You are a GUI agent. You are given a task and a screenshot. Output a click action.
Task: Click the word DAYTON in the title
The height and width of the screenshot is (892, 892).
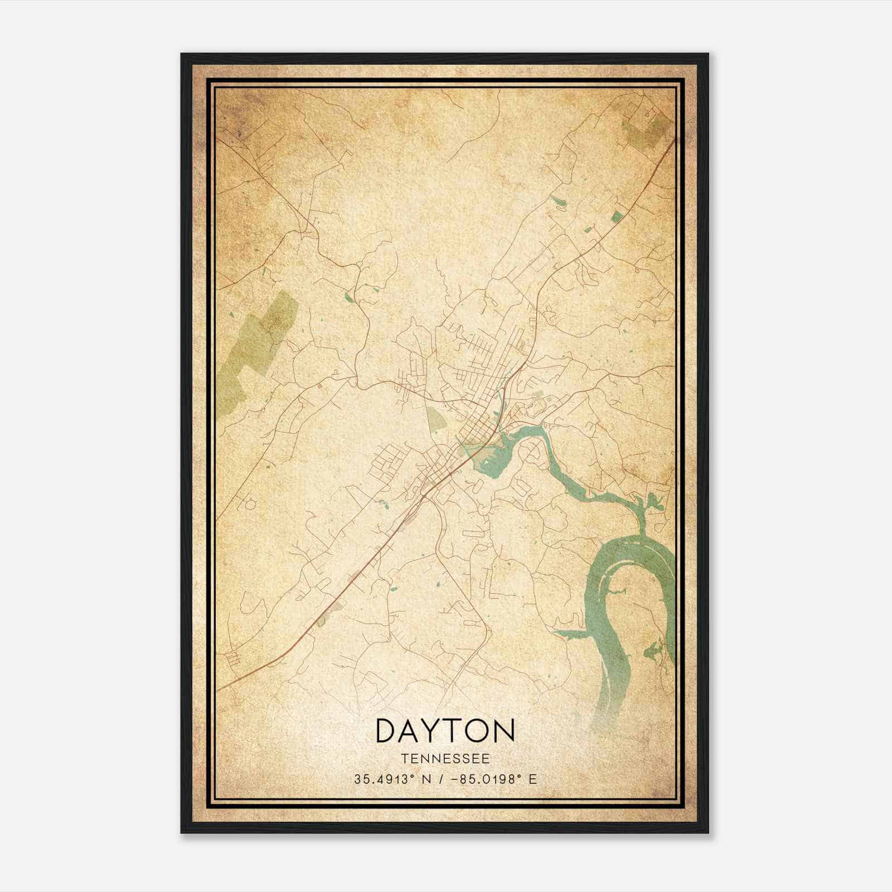click(445, 730)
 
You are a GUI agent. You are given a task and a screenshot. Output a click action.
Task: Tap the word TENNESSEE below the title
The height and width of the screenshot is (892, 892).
click(445, 759)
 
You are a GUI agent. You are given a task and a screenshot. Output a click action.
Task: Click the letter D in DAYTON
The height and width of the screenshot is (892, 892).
click(386, 730)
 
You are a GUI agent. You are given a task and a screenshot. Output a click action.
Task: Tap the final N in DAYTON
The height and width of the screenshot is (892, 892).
click(504, 730)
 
